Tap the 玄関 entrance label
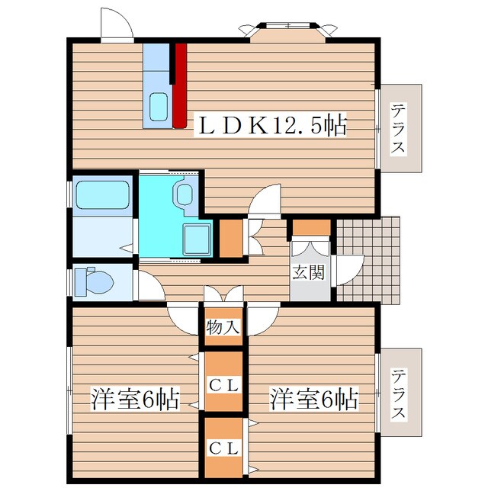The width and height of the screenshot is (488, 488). pos(308,273)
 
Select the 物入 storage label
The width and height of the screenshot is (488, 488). pos(223,327)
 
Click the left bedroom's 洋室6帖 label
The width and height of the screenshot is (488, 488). pos(136,399)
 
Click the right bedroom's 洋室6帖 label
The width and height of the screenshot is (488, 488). pos(314,399)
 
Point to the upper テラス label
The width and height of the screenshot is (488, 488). pos(399,129)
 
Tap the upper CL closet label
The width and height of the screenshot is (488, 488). pos(223,386)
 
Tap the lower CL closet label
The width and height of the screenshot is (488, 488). pos(223,448)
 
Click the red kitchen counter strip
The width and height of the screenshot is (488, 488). pos(180,85)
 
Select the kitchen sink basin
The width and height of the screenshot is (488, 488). pos(159,107)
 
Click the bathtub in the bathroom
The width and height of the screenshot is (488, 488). pos(103,195)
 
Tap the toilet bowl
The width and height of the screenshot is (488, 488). pos(98,281)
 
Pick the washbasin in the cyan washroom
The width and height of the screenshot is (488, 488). pos(185,194)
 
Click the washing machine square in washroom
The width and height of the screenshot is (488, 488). pos(197,239)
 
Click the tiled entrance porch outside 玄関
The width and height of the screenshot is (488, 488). pos(368,259)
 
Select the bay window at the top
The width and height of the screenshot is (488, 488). pos(288,31)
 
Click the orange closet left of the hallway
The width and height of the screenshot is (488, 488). pos(231,239)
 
